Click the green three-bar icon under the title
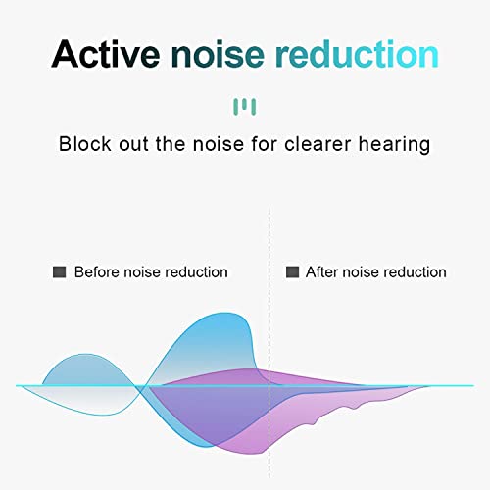pos(244,104)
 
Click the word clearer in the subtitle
pos(316,144)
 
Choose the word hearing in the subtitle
pos(394,144)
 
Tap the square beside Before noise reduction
pos(59,271)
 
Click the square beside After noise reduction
pos(291,271)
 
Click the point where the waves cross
pos(146,385)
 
